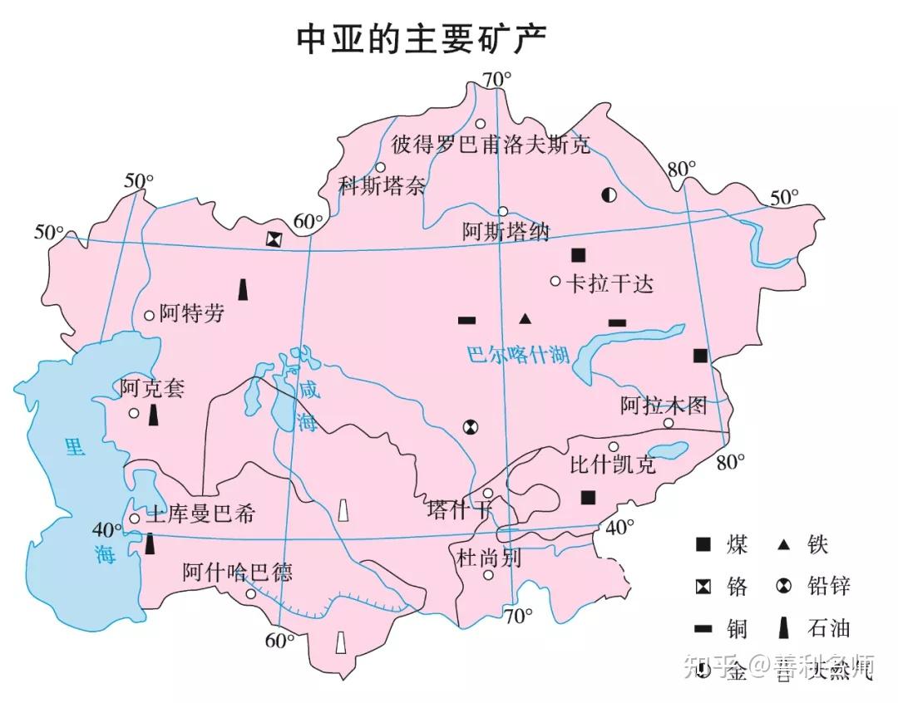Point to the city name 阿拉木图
pyautogui.click(x=664, y=406)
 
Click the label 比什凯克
pyautogui.click(x=613, y=463)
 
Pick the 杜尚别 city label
pyautogui.click(x=489, y=558)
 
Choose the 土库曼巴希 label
pyautogui.click(x=200, y=514)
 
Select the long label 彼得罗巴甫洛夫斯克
pyautogui.click(x=491, y=145)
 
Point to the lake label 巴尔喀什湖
pyautogui.click(x=517, y=356)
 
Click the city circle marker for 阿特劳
pyautogui.click(x=150, y=315)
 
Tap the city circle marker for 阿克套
pyautogui.click(x=133, y=413)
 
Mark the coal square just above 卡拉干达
pyautogui.click(x=579, y=255)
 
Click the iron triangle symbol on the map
pyautogui.click(x=525, y=318)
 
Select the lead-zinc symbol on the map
pyautogui.click(x=471, y=427)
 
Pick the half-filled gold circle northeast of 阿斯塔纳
pyautogui.click(x=609, y=195)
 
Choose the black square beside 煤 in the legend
pyautogui.click(x=703, y=545)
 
